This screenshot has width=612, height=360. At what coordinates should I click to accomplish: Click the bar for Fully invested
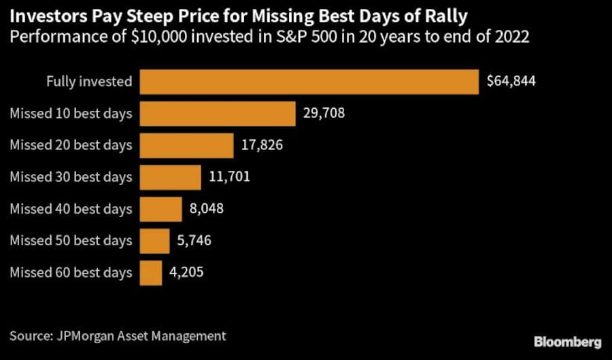(309, 82)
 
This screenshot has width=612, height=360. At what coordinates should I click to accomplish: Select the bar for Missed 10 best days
(218, 113)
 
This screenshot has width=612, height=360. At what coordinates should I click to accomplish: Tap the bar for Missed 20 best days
(186, 145)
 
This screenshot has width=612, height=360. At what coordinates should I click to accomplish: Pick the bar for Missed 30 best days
(170, 177)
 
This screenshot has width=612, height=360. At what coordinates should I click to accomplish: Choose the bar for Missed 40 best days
(160, 209)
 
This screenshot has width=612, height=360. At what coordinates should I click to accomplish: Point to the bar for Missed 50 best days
(154, 240)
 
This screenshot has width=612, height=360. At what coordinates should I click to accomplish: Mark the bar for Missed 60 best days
(151, 272)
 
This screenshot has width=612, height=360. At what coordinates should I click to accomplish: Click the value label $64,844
(511, 82)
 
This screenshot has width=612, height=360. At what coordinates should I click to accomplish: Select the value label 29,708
(324, 113)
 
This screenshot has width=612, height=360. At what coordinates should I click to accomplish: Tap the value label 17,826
(262, 145)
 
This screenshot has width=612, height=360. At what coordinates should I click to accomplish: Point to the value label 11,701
(229, 177)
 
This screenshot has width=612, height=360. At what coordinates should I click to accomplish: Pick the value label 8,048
(207, 209)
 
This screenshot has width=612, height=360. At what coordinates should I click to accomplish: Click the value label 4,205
(186, 272)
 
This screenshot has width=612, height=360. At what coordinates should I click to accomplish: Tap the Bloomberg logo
(567, 341)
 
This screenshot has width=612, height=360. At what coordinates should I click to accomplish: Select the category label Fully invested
(89, 82)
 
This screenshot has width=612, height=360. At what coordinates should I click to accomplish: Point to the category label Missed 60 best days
(71, 272)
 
